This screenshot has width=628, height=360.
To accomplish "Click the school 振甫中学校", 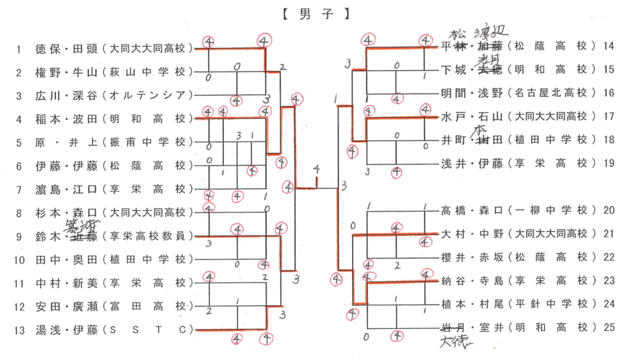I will click(x=148, y=142).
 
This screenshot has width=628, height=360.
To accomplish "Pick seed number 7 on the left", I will click(x=19, y=189).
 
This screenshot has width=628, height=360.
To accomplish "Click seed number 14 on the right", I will click(x=609, y=46).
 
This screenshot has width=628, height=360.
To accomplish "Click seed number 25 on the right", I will click(x=609, y=327).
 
